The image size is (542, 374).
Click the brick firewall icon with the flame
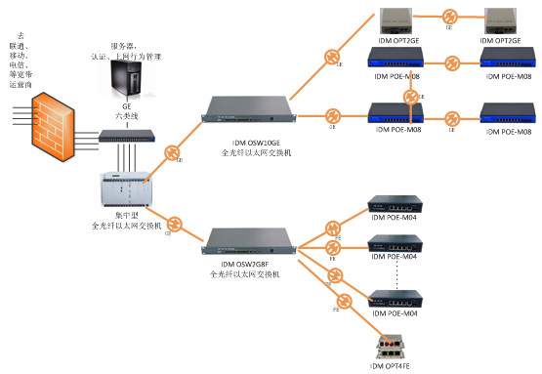(49, 142)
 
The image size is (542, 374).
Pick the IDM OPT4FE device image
(395, 347)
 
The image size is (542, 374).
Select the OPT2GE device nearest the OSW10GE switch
(399, 18)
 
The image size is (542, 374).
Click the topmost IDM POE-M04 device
(395, 208)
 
